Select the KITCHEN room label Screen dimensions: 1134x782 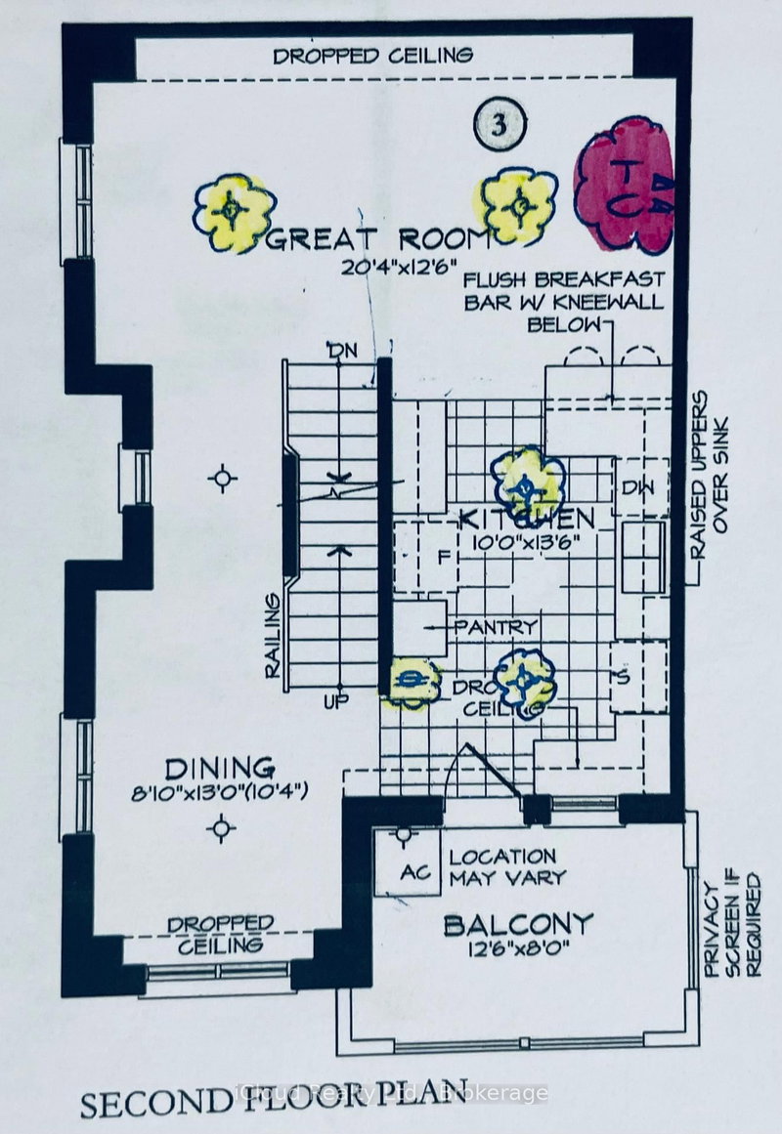point(529,517)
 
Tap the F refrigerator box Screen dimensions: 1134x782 point(442,557)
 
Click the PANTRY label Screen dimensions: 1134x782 point(502,626)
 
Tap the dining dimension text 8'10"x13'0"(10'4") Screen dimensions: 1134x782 point(221,792)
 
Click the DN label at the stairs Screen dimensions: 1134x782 point(336,349)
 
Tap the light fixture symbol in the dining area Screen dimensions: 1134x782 point(223,829)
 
